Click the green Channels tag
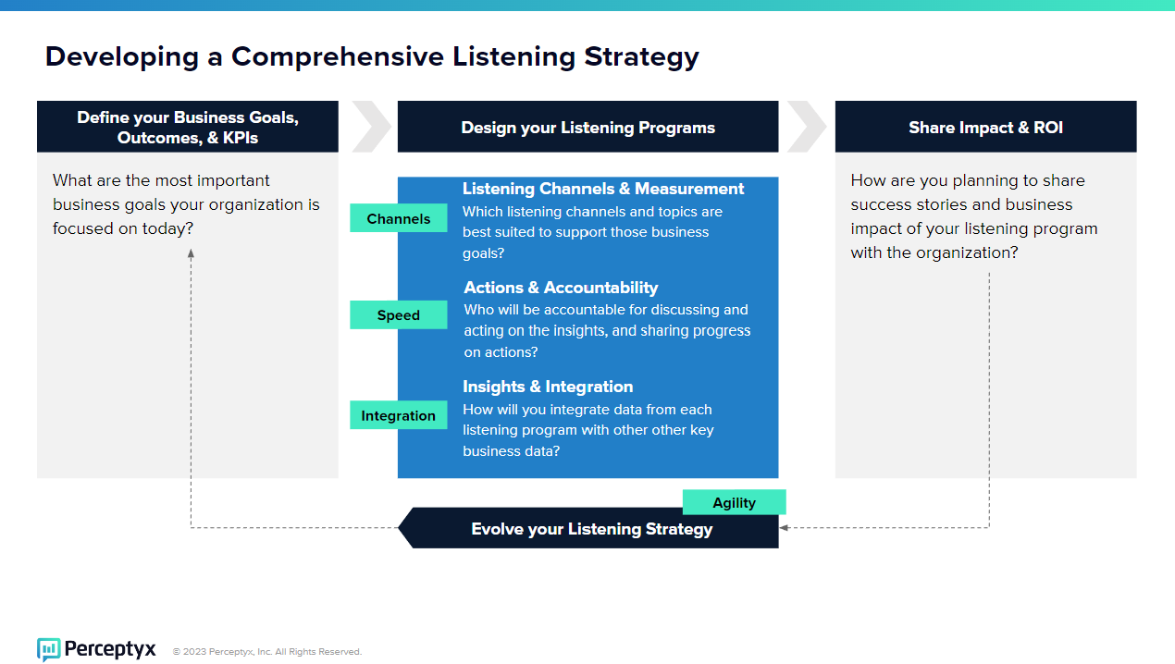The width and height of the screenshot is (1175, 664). point(399,217)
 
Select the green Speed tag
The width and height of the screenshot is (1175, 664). point(399,314)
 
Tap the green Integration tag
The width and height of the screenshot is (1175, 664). point(399,415)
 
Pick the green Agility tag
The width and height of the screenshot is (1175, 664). point(734,502)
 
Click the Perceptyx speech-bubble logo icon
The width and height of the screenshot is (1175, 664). point(49,649)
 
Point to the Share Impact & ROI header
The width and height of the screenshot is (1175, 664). point(985,127)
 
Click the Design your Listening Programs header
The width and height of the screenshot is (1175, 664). point(588,127)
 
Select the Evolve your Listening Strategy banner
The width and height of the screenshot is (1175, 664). point(588,528)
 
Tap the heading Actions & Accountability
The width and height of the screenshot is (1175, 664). point(561,288)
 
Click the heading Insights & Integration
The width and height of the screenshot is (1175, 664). point(548,387)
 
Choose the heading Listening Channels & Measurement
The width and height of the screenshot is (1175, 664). point(603,189)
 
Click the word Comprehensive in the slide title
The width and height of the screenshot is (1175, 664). point(338,57)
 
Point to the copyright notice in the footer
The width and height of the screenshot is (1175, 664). point(267,651)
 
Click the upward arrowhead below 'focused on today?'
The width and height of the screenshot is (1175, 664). point(191,253)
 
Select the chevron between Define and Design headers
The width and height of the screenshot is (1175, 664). point(371,127)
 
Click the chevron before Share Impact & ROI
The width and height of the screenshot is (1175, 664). point(807,127)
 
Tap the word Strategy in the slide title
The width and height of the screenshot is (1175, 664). point(641,57)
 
